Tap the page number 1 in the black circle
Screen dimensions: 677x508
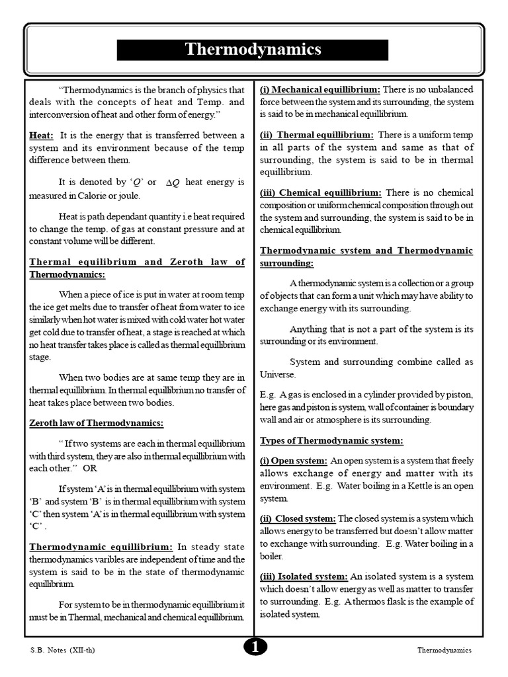click(x=254, y=649)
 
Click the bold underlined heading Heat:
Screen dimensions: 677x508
click(x=42, y=135)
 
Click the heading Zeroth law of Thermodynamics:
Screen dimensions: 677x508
click(x=96, y=423)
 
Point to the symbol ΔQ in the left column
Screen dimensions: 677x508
click(x=171, y=182)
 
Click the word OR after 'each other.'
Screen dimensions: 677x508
click(x=89, y=468)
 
